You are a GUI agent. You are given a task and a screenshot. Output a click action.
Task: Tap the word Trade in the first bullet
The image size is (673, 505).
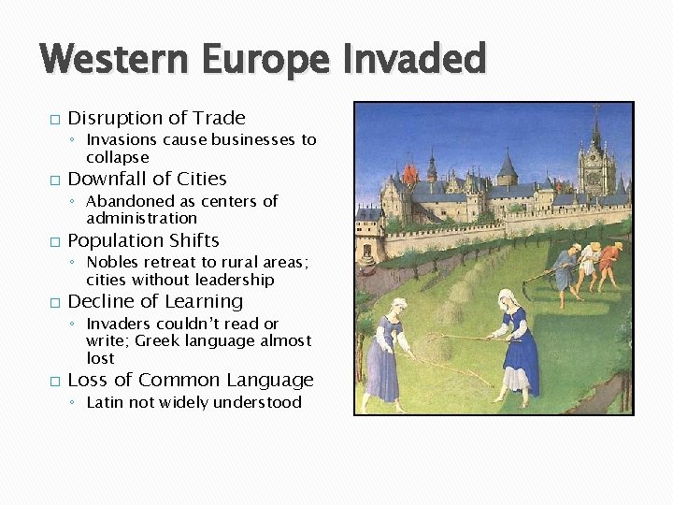click(219, 118)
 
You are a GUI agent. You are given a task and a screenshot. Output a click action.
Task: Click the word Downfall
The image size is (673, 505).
click(105, 179)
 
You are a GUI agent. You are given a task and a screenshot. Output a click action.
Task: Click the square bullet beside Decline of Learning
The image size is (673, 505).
click(54, 303)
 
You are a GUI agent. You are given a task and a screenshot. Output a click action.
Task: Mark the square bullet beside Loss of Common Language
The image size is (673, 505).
click(54, 382)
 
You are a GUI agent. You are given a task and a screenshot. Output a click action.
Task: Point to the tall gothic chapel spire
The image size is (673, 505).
click(595, 140)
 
